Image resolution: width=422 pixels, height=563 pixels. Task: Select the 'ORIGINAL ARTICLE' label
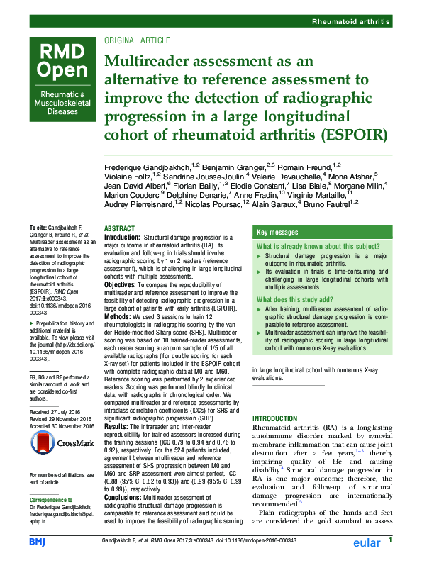[137, 40]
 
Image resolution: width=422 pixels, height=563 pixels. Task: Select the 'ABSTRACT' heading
[119, 228]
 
